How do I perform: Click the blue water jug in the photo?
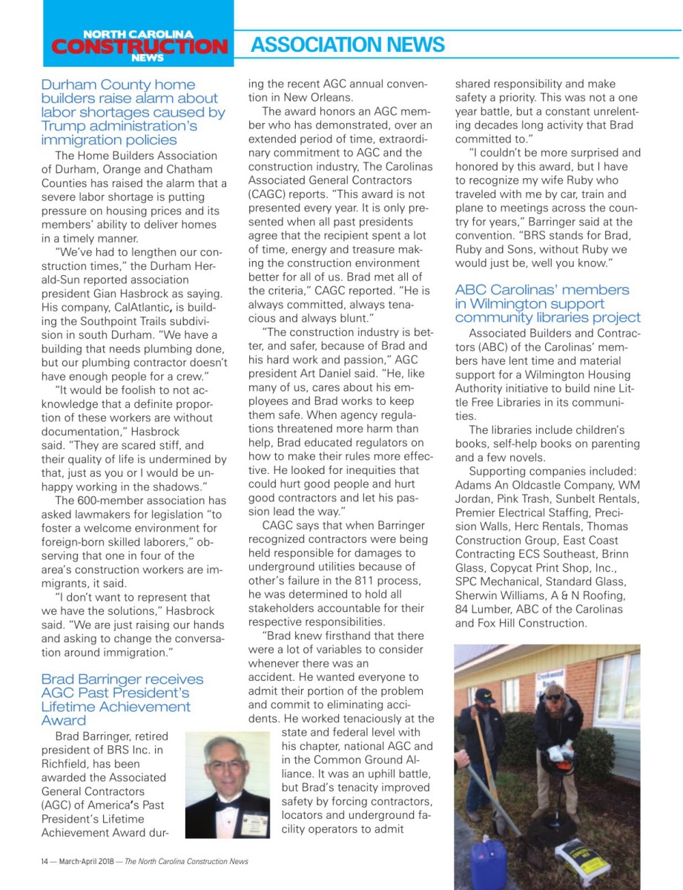pos(488,863)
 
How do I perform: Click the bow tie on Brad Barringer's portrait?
pos(227,799)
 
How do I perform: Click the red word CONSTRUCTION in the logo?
pos(139,46)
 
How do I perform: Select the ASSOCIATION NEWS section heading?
pos(347,45)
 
